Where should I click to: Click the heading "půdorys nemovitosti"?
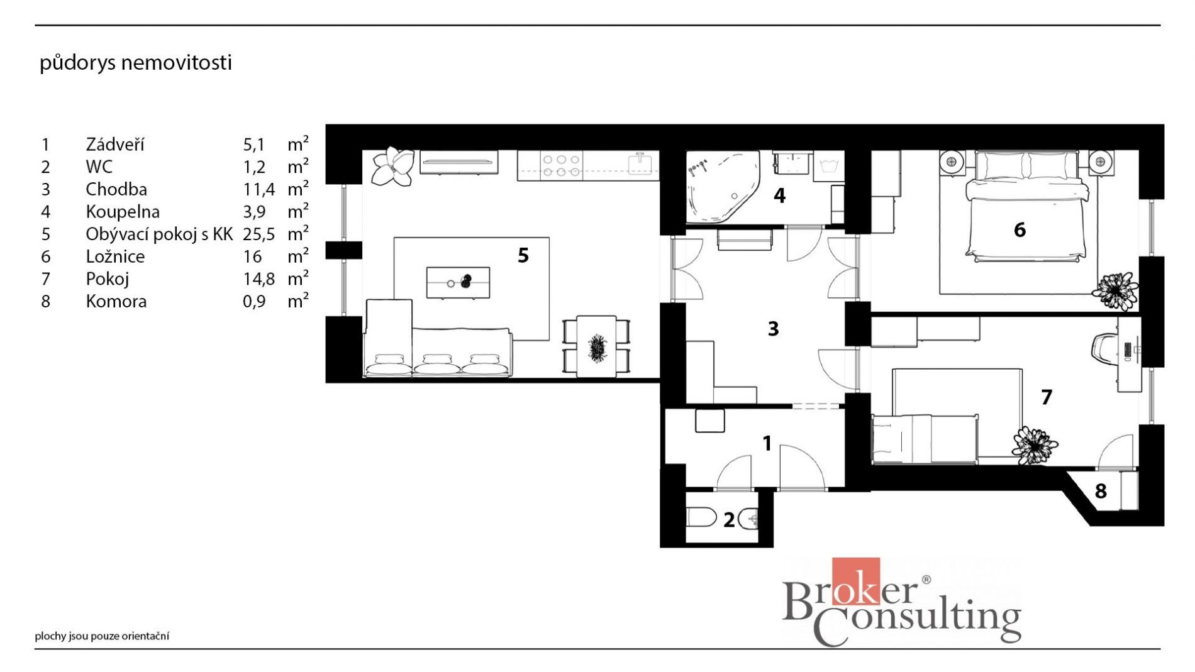click(136, 63)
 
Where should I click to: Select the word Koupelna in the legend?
click(123, 212)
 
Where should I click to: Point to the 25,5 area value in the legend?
click(259, 234)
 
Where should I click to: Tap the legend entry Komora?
click(116, 301)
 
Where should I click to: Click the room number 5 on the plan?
click(523, 255)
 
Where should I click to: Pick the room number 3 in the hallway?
click(774, 328)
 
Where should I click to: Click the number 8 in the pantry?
click(1101, 491)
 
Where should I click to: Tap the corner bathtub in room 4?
click(722, 187)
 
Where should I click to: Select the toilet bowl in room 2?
click(701, 518)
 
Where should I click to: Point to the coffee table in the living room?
click(458, 282)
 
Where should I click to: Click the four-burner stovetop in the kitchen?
click(561, 165)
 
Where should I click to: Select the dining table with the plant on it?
click(596, 346)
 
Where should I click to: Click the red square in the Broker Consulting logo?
click(856, 581)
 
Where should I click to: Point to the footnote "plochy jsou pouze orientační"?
click(102, 636)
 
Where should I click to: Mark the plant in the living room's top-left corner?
click(392, 166)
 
